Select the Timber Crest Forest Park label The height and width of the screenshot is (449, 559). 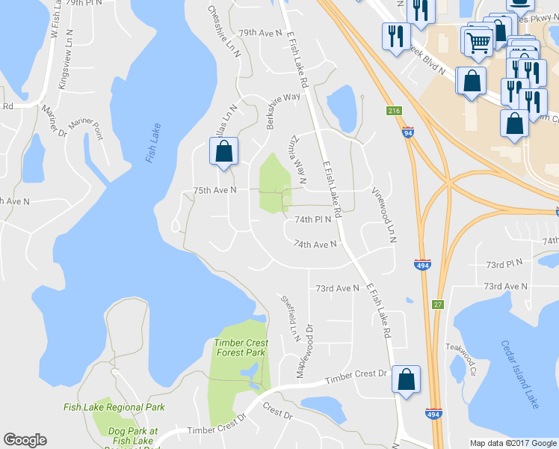click(240, 346)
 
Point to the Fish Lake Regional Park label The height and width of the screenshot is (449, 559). click(114, 407)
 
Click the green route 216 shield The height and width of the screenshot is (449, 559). click(393, 111)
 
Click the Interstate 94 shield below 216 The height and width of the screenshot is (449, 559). click(407, 132)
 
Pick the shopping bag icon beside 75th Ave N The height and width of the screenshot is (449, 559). click(223, 152)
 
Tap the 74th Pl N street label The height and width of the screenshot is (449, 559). click(312, 220)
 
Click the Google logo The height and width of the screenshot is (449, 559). click(25, 440)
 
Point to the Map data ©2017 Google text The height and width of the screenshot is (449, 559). click(513, 443)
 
